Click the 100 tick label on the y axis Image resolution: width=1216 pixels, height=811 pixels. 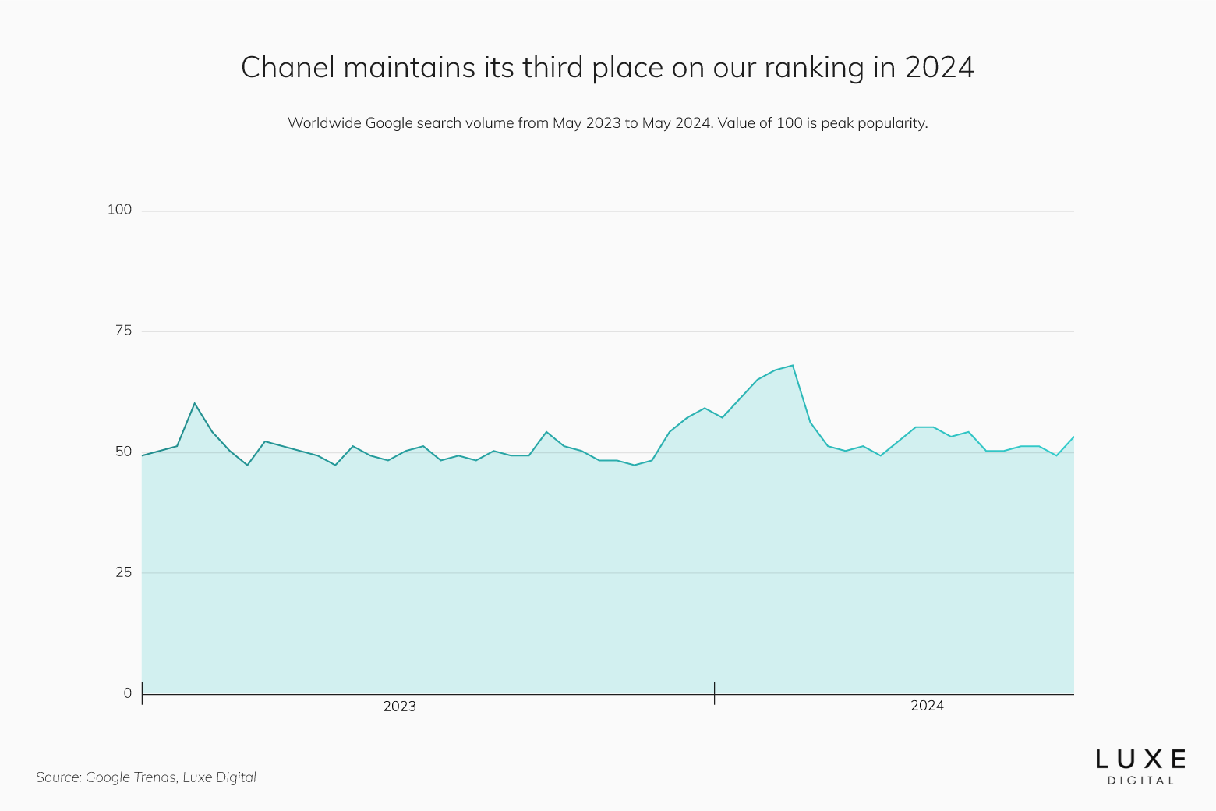coord(119,210)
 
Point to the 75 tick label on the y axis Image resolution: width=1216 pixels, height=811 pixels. coord(123,331)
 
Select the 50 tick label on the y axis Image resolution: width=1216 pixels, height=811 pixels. coord(123,452)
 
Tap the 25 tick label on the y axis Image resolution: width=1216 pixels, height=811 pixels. coord(123,572)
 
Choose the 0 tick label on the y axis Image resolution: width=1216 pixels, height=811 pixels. coord(127,693)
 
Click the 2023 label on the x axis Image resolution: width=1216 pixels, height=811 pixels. coord(399,707)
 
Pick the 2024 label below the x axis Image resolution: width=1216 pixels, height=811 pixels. coord(927,706)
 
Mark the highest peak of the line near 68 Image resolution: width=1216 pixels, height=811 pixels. coord(793,365)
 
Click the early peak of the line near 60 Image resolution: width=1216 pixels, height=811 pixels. coord(194,403)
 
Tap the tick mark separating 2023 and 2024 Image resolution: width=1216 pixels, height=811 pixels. coord(714,693)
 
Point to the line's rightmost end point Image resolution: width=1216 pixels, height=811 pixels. coord(1073,437)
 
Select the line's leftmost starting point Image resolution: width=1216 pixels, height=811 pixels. coord(142,455)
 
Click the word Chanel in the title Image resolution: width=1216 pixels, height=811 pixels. coord(288,68)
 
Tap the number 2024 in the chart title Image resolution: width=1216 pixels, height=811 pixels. coord(939,68)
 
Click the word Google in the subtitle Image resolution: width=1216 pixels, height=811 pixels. coord(389,123)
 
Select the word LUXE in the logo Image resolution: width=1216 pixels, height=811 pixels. coord(1140,759)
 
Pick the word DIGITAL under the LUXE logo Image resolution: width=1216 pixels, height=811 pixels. coord(1140,781)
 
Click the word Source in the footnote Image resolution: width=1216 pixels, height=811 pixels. coord(58,777)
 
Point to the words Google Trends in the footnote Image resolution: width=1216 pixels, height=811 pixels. coord(130,777)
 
